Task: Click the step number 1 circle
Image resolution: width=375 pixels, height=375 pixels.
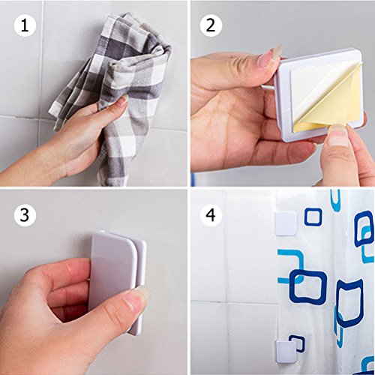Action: [x=25, y=25]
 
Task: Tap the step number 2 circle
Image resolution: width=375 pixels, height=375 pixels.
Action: [x=211, y=25]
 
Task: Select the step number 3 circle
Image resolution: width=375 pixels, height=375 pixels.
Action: [x=25, y=215]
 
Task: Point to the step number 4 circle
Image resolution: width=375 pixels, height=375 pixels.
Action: [x=211, y=215]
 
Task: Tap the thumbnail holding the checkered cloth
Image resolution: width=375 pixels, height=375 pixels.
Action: [x=123, y=100]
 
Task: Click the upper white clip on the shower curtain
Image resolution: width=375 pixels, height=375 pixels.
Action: [x=286, y=223]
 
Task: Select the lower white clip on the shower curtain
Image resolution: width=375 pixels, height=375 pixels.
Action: [x=286, y=352]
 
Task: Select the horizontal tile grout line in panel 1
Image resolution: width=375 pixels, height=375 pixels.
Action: [x=94, y=122]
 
